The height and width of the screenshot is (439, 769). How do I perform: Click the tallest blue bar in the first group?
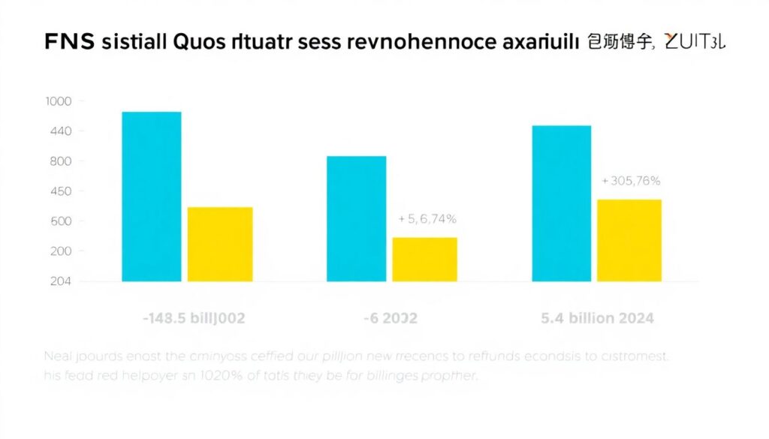click(151, 197)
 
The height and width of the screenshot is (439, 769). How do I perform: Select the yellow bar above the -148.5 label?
click(220, 244)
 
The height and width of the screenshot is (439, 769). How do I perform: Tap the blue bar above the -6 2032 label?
click(356, 218)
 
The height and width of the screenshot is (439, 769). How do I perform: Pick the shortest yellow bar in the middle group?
click(424, 259)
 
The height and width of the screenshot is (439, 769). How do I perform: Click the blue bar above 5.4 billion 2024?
click(561, 203)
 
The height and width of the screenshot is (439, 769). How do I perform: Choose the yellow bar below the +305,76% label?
click(629, 240)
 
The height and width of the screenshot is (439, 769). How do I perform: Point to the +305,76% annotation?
click(631, 181)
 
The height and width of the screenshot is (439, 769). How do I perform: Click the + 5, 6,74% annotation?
click(427, 218)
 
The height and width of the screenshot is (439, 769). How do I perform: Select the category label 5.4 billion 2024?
click(597, 318)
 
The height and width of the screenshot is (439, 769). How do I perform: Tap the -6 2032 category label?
click(391, 318)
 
